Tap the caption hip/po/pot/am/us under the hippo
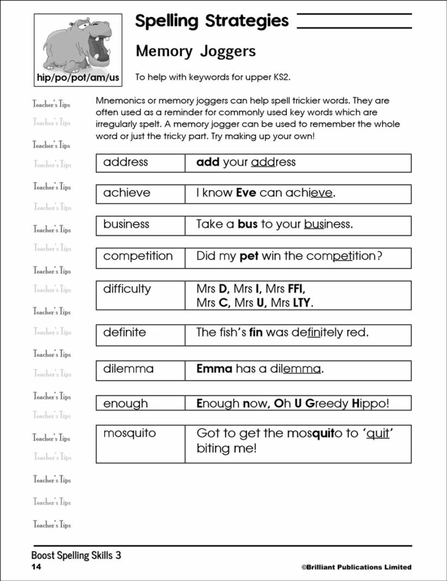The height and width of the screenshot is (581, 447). pyautogui.click(x=77, y=77)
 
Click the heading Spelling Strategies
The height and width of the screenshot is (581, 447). pyautogui.click(x=212, y=21)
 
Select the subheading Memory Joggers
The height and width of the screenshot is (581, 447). pyautogui.click(x=196, y=51)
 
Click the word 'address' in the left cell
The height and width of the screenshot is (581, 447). pyautogui.click(x=125, y=162)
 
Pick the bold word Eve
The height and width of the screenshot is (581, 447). pyautogui.click(x=246, y=193)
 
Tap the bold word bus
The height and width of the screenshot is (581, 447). pyautogui.click(x=247, y=224)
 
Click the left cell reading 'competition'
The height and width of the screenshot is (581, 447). pyautogui.click(x=137, y=256)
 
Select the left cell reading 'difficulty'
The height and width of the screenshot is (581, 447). pyautogui.click(x=127, y=289)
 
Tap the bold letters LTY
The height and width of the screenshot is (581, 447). pyautogui.click(x=301, y=302)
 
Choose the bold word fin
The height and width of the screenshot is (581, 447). pyautogui.click(x=256, y=332)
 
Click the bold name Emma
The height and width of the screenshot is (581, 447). pyautogui.click(x=214, y=368)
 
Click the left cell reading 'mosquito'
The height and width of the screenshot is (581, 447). pyautogui.click(x=129, y=433)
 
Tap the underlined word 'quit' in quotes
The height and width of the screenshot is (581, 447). pyautogui.click(x=378, y=434)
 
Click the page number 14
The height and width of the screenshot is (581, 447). pyautogui.click(x=36, y=567)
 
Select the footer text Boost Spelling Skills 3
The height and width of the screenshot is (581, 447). pyautogui.click(x=76, y=555)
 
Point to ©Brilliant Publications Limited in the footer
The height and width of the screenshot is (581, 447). pyautogui.click(x=356, y=567)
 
